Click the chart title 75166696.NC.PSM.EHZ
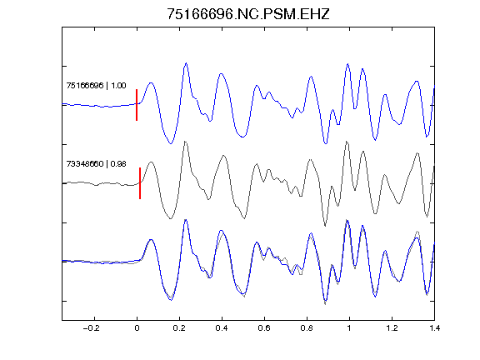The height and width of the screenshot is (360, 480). point(248,14)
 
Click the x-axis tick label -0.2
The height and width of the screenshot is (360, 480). point(92,328)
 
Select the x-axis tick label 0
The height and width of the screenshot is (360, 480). point(137,328)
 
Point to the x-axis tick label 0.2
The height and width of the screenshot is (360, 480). point(179,328)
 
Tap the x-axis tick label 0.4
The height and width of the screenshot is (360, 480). point(222,328)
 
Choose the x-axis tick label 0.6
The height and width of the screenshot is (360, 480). point(264,328)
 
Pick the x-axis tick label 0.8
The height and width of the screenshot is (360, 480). point(307,328)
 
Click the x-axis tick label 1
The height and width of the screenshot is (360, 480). point(349,328)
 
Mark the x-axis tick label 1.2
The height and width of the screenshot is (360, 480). point(392,328)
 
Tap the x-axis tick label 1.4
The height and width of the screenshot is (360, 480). point(434,328)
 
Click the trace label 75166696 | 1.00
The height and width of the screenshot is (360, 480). point(96,85)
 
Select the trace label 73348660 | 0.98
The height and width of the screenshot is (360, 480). point(96,164)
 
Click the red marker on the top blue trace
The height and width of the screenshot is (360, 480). point(137,105)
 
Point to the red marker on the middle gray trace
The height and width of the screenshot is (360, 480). point(140,183)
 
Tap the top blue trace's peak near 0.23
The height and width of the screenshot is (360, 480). point(186,63)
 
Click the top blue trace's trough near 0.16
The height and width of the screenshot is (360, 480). point(171,143)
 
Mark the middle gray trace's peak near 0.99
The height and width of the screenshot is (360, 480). point(347,142)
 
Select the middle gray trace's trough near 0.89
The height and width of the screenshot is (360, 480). point(325,226)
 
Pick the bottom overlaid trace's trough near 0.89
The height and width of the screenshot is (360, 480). point(325,303)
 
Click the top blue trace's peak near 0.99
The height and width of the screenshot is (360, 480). point(347,64)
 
